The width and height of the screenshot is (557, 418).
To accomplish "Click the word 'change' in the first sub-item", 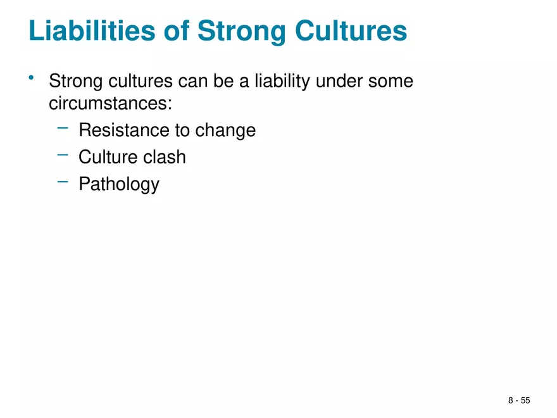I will [225, 131].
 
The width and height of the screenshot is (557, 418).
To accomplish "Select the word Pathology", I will [118, 185].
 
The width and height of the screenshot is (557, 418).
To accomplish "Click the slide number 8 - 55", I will [518, 400].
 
